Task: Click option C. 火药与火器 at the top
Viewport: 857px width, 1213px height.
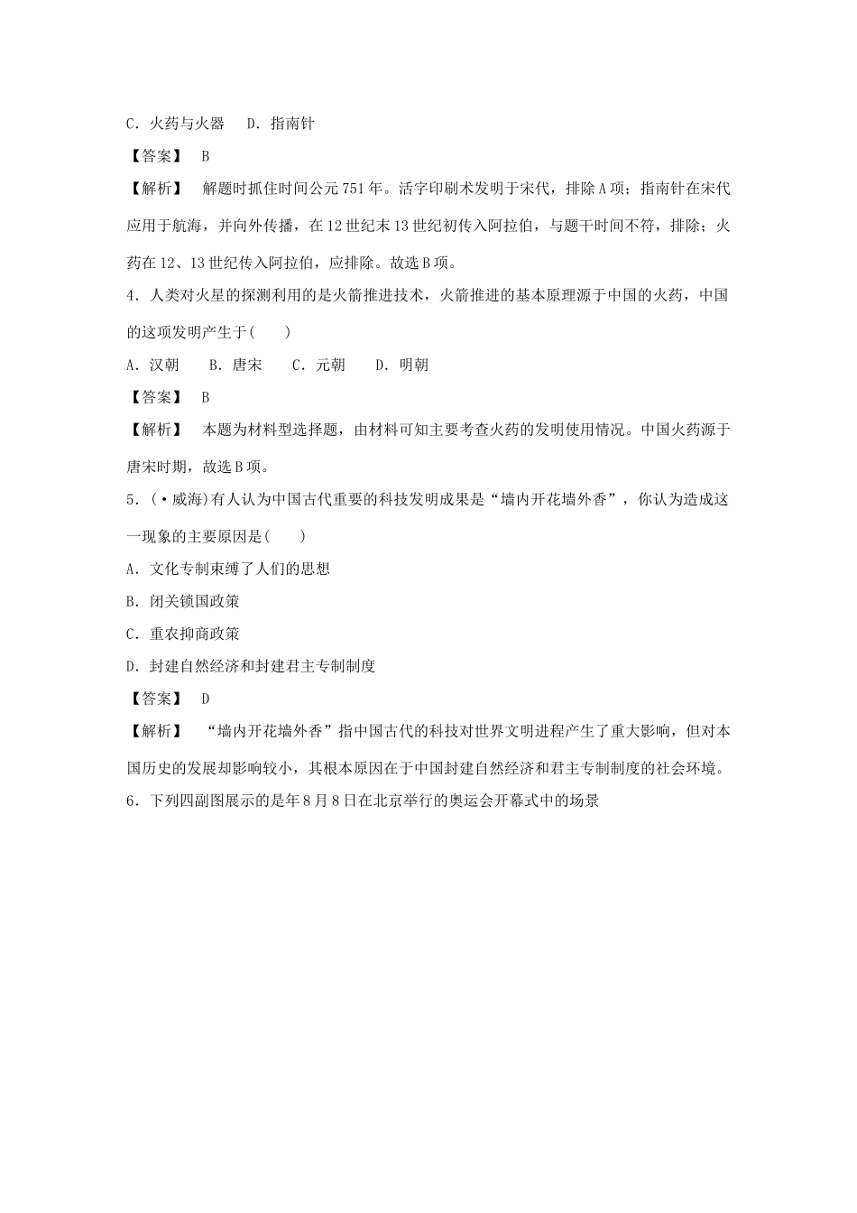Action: (x=175, y=123)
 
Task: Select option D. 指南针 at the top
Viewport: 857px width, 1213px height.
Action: (x=280, y=123)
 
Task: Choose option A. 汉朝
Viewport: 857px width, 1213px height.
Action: (x=152, y=365)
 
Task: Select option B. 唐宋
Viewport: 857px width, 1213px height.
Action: (x=235, y=365)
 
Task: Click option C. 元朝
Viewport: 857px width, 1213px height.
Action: (x=318, y=365)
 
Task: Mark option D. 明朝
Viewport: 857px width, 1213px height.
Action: (x=401, y=365)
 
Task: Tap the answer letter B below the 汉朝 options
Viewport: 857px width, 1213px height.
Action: (x=206, y=397)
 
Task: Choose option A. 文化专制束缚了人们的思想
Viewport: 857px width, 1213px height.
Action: (x=228, y=569)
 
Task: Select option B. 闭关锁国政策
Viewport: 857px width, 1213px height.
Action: (x=183, y=601)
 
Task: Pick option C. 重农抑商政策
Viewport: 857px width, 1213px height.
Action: (x=183, y=634)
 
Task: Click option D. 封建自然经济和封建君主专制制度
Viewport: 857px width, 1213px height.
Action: (x=251, y=666)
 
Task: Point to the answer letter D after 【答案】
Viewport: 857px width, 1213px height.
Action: (x=206, y=699)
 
